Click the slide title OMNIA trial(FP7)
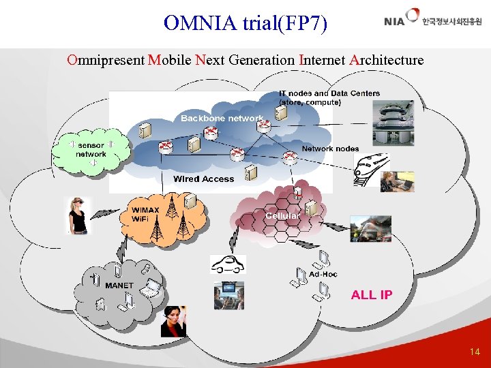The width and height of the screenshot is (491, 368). (245, 23)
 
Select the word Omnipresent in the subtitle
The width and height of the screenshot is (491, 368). (106, 60)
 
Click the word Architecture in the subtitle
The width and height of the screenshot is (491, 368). (387, 60)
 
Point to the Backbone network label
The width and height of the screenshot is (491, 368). (222, 119)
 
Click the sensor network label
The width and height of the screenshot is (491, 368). (91, 149)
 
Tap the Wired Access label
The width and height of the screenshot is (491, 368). (203, 179)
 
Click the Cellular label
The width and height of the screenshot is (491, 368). (282, 215)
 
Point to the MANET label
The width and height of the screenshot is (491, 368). (119, 285)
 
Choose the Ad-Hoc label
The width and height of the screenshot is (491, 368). (323, 274)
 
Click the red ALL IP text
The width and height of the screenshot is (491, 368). (372, 294)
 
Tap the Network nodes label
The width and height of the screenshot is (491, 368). (330, 149)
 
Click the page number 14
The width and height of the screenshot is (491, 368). (475, 352)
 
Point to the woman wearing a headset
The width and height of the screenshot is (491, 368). (173, 321)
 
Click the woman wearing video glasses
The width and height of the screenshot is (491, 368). (77, 214)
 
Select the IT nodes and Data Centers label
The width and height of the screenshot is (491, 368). (329, 97)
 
